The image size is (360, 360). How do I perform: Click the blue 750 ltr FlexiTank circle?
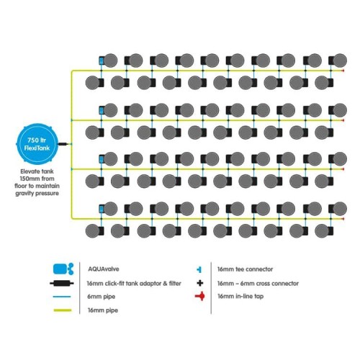click(x=37, y=144)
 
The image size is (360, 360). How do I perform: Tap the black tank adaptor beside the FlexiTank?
click(x=63, y=144)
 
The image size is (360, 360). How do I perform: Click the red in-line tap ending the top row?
click(x=343, y=71)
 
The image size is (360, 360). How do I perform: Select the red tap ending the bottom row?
click(x=343, y=219)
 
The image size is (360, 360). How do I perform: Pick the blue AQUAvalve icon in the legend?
click(x=63, y=269)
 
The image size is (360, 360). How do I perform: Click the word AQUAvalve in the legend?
click(x=104, y=269)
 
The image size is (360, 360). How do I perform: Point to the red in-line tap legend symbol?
click(x=200, y=297)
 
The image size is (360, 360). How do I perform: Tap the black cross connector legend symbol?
click(x=200, y=283)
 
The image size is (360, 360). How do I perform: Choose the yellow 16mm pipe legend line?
click(x=63, y=310)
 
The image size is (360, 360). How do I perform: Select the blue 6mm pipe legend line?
click(x=62, y=297)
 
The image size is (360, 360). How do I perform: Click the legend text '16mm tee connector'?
click(x=245, y=269)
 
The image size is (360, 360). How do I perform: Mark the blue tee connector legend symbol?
click(x=199, y=269)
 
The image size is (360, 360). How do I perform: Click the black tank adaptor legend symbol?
click(x=62, y=284)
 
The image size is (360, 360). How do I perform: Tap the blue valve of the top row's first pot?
click(x=102, y=60)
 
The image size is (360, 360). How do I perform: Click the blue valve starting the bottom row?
click(x=102, y=209)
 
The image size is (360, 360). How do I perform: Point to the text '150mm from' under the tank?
click(x=37, y=179)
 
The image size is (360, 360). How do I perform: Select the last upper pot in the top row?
click(x=340, y=60)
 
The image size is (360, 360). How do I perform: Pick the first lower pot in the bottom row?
click(x=93, y=231)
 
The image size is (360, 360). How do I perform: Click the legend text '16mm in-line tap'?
click(x=240, y=297)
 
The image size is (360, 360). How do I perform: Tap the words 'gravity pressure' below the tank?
click(x=37, y=193)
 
